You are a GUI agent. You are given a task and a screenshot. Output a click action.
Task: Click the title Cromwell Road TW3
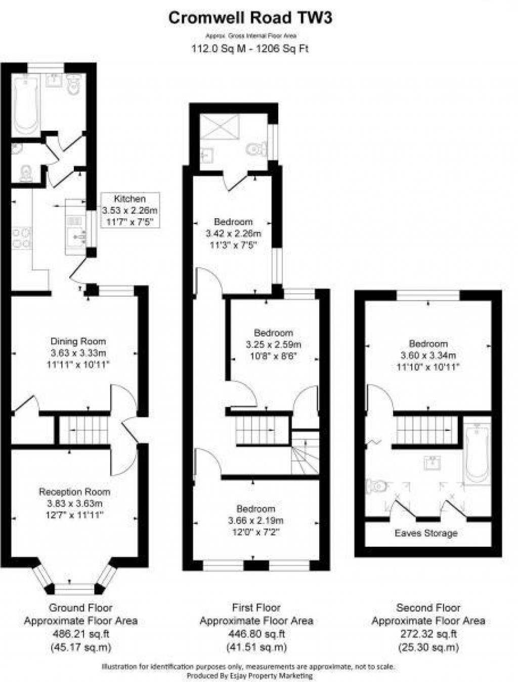[x=250, y=18]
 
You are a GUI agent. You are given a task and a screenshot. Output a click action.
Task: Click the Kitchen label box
[x=130, y=210]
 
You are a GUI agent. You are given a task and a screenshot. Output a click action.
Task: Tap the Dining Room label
[x=78, y=341]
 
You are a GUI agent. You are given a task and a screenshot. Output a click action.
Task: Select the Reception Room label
[x=74, y=492]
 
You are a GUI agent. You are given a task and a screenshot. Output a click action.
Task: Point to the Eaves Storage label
[x=426, y=533]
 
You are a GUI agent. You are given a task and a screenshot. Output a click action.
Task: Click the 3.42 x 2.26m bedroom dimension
[x=233, y=234]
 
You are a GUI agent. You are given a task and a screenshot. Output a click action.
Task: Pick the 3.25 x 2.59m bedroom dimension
[x=273, y=345]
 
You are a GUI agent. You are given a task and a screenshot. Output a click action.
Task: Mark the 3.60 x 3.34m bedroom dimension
[x=428, y=355]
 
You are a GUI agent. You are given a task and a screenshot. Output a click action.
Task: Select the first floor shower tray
[x=219, y=125]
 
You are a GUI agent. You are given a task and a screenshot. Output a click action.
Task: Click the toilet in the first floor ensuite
[x=257, y=149]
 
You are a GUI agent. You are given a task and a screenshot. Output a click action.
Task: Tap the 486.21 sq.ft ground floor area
[x=81, y=634]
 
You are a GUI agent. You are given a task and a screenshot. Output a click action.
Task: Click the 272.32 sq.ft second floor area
[x=428, y=634]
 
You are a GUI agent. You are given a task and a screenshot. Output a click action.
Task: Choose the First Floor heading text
[x=256, y=608]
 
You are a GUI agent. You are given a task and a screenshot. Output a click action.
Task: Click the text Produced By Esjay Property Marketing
[x=249, y=675]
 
